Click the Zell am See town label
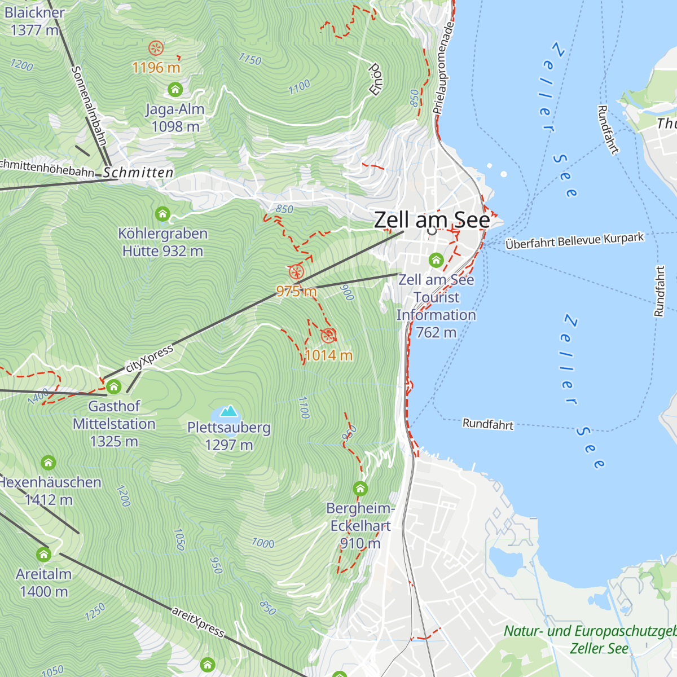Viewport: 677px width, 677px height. pos(432,220)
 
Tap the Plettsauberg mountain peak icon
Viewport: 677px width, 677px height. pos(228,411)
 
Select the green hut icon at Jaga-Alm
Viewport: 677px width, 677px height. pos(175,89)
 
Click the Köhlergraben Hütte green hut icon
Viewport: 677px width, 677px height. pos(162,214)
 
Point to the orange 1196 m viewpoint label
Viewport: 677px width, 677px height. pos(156,68)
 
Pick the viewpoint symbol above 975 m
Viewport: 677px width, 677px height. pos(296,272)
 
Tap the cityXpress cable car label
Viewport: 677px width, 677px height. pos(150,359)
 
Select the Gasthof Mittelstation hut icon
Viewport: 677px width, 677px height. pos(114,386)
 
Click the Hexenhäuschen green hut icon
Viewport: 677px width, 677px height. pos(49,463)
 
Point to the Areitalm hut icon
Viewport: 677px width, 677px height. pos(44,555)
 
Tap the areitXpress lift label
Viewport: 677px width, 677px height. pos(199,621)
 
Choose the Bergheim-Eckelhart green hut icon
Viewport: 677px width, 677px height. pos(360,489)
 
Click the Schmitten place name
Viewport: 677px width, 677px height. pos(138,173)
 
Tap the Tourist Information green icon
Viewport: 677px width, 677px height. pos(436,260)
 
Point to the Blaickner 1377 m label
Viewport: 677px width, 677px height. pos(34,21)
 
